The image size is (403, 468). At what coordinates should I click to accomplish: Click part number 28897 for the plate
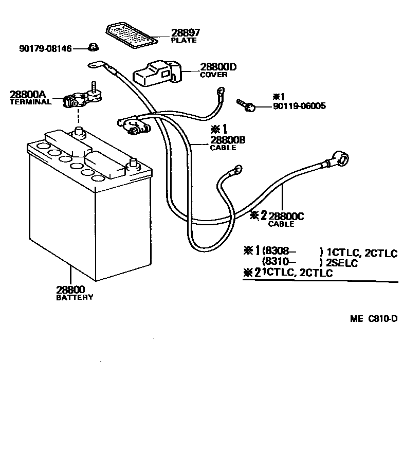[x=186, y=32]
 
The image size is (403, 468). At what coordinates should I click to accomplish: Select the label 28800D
[x=218, y=67]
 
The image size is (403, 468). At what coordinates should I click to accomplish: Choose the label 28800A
[x=28, y=95]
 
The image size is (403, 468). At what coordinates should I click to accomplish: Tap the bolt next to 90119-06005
[x=246, y=105]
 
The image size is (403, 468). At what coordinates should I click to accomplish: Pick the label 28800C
[x=286, y=217]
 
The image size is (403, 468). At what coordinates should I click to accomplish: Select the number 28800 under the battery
[x=70, y=290]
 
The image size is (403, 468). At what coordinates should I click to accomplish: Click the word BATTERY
[x=75, y=297]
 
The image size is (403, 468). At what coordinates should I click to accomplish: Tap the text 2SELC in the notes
[x=342, y=263]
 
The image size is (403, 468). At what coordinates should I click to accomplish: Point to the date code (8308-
[x=280, y=252]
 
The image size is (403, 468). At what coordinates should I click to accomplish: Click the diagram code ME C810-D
[x=374, y=319]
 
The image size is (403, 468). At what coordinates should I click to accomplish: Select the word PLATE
[x=184, y=40]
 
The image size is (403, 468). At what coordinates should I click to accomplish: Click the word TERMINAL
[x=31, y=102]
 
